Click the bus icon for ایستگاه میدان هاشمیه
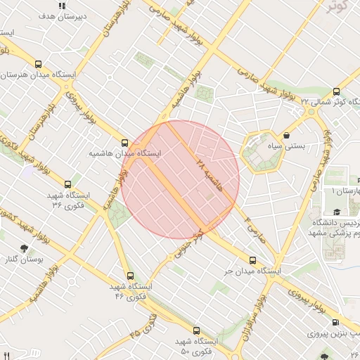125,142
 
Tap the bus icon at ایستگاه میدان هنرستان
37,63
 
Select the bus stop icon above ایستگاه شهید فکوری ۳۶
67,184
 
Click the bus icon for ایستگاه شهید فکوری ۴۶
129,276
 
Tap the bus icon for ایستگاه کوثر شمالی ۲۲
336,91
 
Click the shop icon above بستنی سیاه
287,135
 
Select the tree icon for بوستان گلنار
25,248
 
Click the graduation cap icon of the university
337,212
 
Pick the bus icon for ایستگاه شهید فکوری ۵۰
196,330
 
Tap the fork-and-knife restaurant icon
6,355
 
